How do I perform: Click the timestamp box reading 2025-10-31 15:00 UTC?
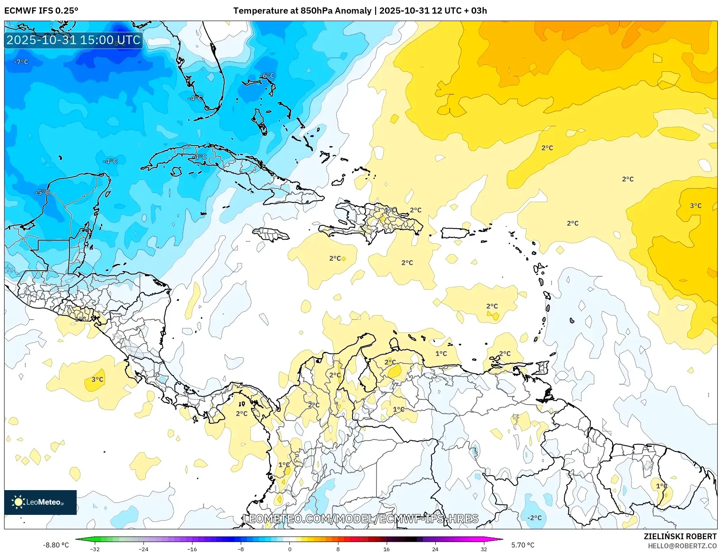point(73,40)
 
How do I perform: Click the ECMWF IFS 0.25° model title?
point(41,11)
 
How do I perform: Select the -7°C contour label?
point(21,62)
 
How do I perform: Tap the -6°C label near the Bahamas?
point(267,75)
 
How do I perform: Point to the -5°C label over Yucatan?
point(42,192)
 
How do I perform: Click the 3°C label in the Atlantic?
point(695,205)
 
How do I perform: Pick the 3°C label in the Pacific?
point(97,379)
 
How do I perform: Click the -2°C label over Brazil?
point(534,518)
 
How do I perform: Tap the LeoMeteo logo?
point(40,502)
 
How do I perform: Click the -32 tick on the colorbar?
point(95,549)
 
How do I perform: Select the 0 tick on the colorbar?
point(289,549)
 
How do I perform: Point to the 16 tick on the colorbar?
point(386,549)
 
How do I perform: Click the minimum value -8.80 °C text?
point(56,545)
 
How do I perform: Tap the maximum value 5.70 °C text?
point(523,545)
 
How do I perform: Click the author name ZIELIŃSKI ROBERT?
point(680,536)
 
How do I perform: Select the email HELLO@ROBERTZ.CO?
point(682,546)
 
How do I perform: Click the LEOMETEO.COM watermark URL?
point(361,519)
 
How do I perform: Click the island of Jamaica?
point(270,235)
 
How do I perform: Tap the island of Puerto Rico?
point(455,233)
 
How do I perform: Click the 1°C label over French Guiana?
point(661,486)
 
